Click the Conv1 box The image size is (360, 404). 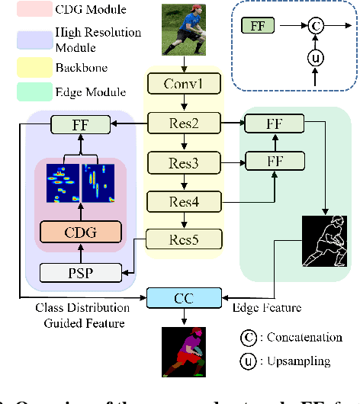point(184,82)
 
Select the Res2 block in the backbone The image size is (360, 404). point(184,122)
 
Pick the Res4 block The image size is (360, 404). point(184,200)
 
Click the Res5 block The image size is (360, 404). point(184,240)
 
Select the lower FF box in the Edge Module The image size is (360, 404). point(273,161)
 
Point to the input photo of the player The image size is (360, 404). point(184,30)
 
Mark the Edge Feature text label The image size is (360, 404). point(268,308)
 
